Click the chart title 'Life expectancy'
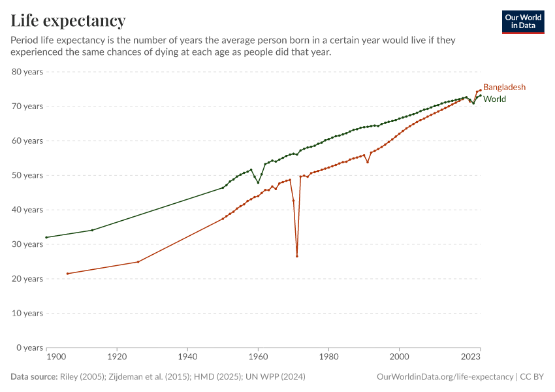coord(68,21)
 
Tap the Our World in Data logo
coord(523,22)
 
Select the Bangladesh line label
coord(504,87)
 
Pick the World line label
coord(494,99)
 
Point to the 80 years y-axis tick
coord(27,72)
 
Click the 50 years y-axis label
coord(27,175)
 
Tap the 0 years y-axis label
coord(30,348)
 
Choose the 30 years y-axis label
coord(27,244)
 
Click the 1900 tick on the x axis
coord(56,357)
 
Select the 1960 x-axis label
coord(258,357)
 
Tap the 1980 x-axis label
coord(328,357)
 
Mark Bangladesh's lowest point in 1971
coord(297,256)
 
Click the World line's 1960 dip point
coord(258,183)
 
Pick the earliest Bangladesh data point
coord(67,273)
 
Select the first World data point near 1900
coord(47,237)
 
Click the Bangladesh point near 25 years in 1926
coord(138,262)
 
